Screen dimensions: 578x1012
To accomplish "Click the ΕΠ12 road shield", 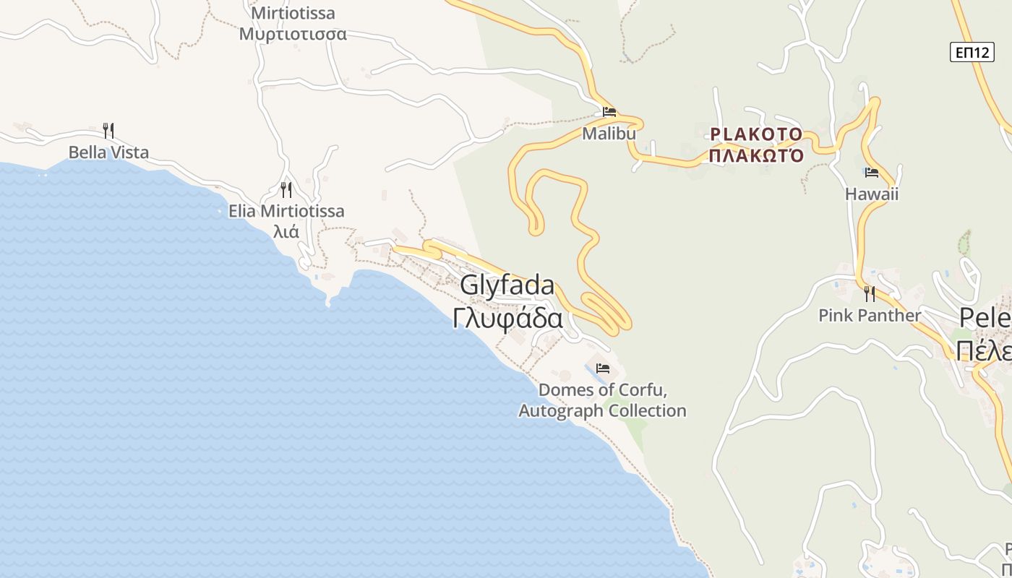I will point(972,52).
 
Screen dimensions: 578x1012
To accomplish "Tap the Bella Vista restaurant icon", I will point(108,131).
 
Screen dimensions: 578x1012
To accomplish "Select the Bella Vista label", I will point(108,152).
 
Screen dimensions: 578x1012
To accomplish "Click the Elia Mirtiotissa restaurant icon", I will point(286,190).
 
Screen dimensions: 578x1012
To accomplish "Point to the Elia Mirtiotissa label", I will point(286,212).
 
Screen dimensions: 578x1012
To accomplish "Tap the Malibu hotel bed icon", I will point(609,112).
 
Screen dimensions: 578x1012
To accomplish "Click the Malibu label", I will point(609,134).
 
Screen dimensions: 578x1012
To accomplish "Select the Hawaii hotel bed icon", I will point(872,173).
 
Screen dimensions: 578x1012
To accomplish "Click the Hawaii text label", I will point(872,194).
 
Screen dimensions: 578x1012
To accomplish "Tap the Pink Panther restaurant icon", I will point(870,294).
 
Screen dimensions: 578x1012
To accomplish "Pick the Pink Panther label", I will point(870,316).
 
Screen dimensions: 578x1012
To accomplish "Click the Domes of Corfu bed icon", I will point(603,368).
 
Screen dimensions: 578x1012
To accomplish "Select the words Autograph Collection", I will point(603,411).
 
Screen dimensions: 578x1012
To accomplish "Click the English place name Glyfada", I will point(507,285).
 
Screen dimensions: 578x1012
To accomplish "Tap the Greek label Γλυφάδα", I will point(507,318).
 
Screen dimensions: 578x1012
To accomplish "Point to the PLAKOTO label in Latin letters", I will point(756,134).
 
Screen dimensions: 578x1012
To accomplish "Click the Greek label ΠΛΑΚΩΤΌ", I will point(756,155).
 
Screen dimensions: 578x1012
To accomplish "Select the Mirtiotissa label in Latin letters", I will point(293,13).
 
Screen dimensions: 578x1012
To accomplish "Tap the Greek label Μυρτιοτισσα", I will point(293,34).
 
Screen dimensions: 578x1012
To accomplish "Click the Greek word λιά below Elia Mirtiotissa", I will point(286,232).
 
